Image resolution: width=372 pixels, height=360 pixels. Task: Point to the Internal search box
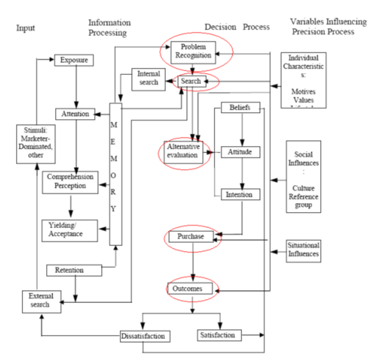pyautogui.click(x=149, y=78)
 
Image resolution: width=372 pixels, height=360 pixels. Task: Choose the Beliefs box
pyautogui.click(x=240, y=109)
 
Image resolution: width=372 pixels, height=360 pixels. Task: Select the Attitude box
pyautogui.click(x=240, y=152)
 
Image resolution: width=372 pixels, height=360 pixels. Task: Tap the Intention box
pyautogui.click(x=240, y=194)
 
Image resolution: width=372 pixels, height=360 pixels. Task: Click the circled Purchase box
pyautogui.click(x=192, y=237)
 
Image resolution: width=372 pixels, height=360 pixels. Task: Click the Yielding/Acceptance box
pyautogui.click(x=70, y=230)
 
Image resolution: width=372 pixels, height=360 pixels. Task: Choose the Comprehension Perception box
pyautogui.click(x=70, y=182)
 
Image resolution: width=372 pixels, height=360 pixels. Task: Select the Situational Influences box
pyautogui.click(x=303, y=250)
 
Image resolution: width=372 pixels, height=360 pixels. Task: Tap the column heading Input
pyautogui.click(x=26, y=29)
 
